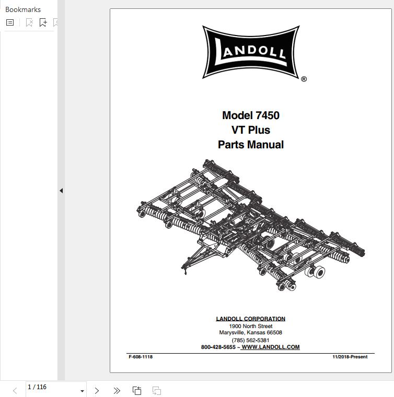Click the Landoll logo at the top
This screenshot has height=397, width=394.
251,52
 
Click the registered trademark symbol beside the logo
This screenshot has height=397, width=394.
304,79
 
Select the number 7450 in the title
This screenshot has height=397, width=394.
268,115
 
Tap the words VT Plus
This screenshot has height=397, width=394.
251,130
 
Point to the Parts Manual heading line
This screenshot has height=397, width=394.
251,145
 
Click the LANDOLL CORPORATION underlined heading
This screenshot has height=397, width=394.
251,319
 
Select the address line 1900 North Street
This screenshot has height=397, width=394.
251,326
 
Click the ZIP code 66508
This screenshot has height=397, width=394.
274,332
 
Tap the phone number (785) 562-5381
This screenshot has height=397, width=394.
250,340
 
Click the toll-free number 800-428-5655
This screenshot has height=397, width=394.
218,347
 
